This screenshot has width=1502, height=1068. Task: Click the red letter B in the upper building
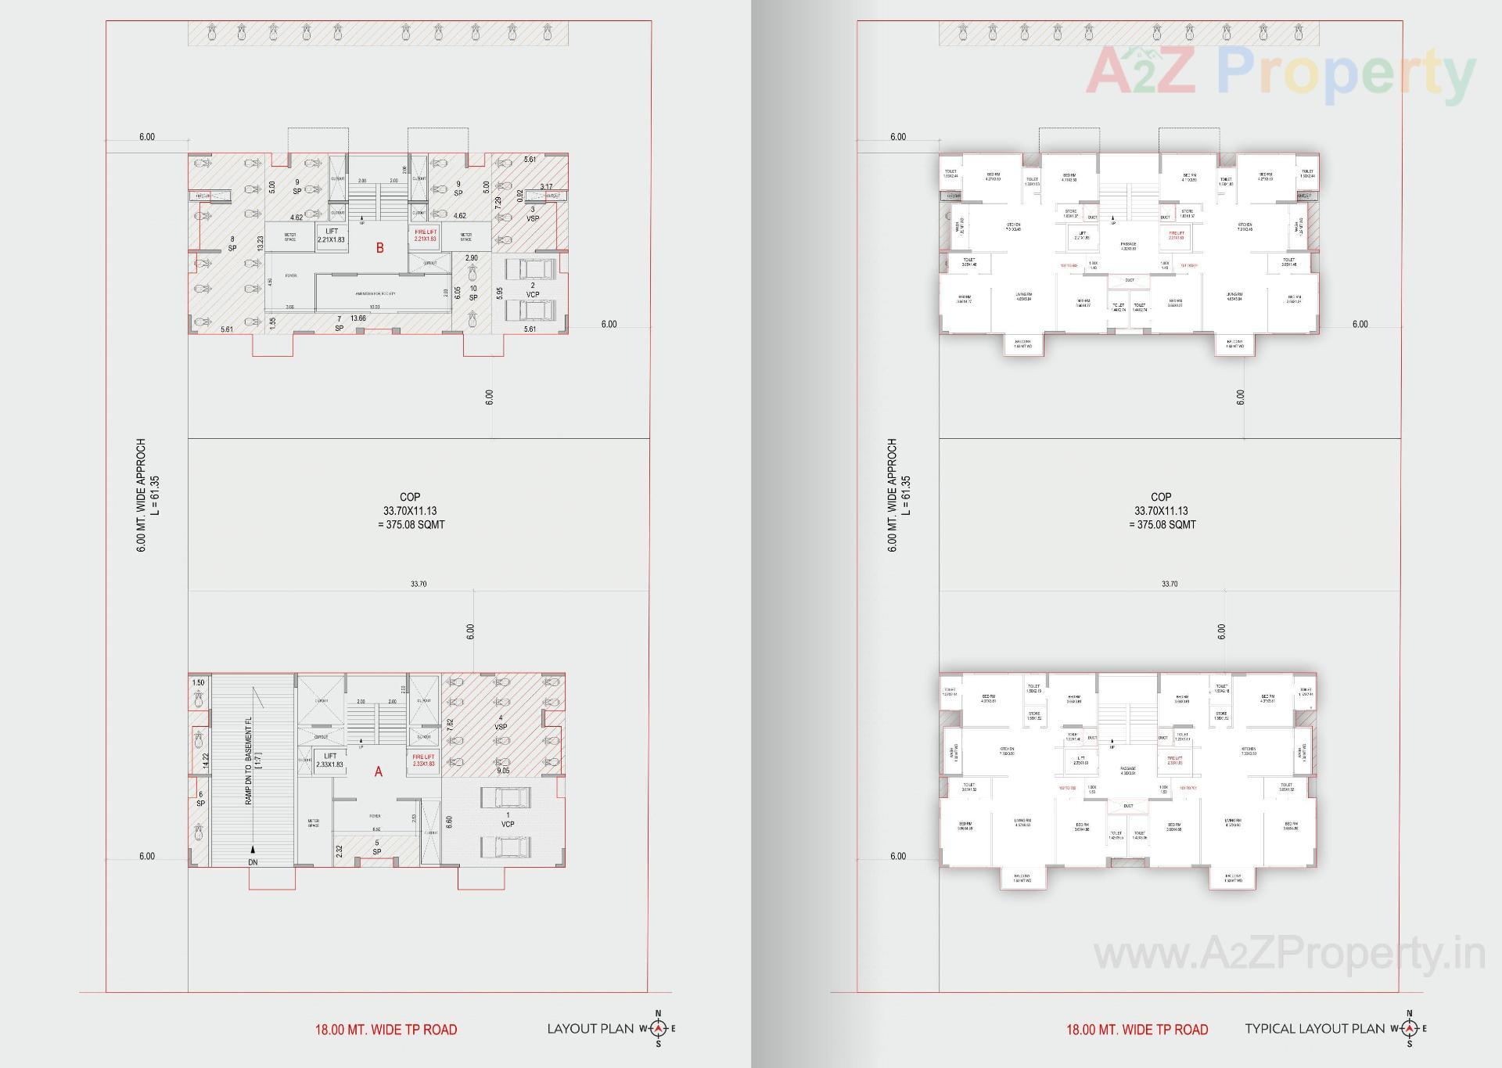point(380,248)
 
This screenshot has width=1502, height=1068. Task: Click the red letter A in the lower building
point(379,771)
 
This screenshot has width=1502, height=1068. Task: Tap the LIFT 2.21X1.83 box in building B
point(331,236)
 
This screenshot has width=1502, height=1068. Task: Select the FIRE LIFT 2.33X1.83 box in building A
point(423,760)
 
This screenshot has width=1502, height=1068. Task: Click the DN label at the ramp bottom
point(253,861)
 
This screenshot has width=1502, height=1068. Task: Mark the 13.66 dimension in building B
point(358,318)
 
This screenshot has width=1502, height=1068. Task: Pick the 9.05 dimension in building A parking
point(502,770)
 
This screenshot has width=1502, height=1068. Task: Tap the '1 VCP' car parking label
point(508,819)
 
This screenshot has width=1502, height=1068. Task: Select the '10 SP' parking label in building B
point(473,293)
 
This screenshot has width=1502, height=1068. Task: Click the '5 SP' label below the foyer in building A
point(376,847)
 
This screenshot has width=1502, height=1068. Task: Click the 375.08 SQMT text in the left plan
point(411,525)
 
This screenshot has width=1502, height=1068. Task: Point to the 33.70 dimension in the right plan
point(1169,584)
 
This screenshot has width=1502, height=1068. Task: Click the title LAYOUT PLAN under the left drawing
point(590,1029)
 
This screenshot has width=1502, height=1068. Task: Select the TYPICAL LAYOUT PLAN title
point(1314,1029)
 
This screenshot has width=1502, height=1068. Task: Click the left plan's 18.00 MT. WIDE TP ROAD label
point(386,1030)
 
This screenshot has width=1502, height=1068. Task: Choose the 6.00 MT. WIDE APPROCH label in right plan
point(893,495)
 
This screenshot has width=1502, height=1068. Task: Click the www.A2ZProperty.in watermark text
point(1288,955)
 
